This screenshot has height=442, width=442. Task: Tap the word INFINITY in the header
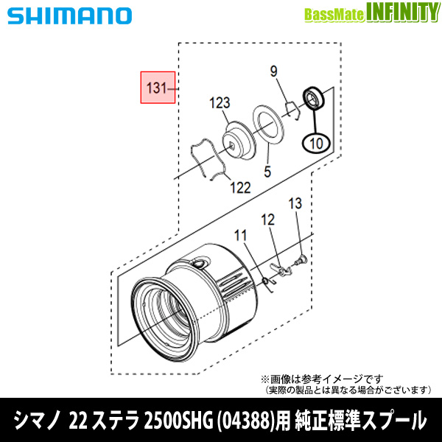[396, 13]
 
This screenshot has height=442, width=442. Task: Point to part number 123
[220, 102]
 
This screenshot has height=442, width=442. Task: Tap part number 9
[273, 72]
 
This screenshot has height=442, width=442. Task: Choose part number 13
[295, 204]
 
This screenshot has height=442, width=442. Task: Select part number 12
[267, 220]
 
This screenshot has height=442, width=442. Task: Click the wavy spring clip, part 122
[204, 158]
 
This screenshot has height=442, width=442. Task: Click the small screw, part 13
[301, 259]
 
